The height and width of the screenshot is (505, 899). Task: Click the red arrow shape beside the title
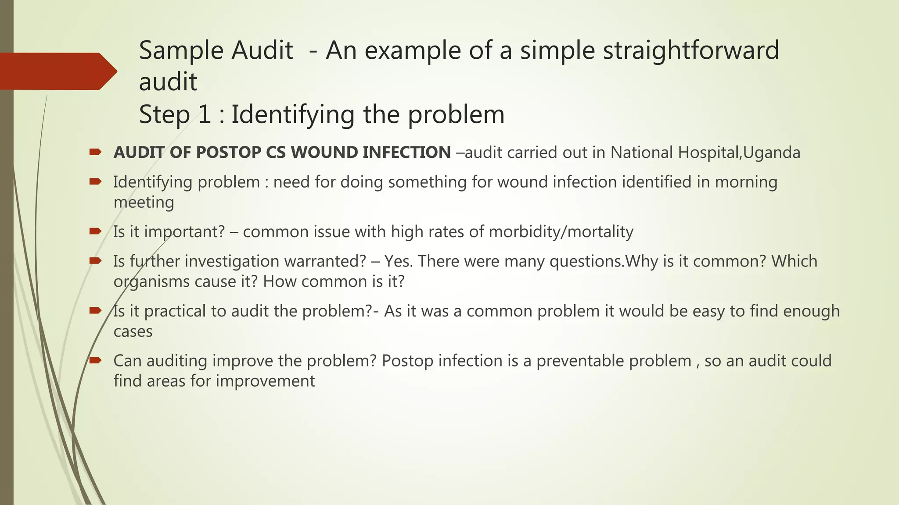[x=57, y=71]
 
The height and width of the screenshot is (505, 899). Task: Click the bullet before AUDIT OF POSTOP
[x=95, y=152]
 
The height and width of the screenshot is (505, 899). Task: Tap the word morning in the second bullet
[x=746, y=182]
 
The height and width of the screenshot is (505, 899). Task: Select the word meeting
[x=144, y=203]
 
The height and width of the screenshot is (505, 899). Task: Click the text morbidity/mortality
[x=561, y=231]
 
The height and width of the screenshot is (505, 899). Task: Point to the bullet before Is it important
[x=95, y=231]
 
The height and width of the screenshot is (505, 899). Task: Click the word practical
[x=175, y=311]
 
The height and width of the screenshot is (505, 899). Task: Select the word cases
[x=133, y=331]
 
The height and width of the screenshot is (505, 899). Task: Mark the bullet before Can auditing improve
[x=95, y=360]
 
